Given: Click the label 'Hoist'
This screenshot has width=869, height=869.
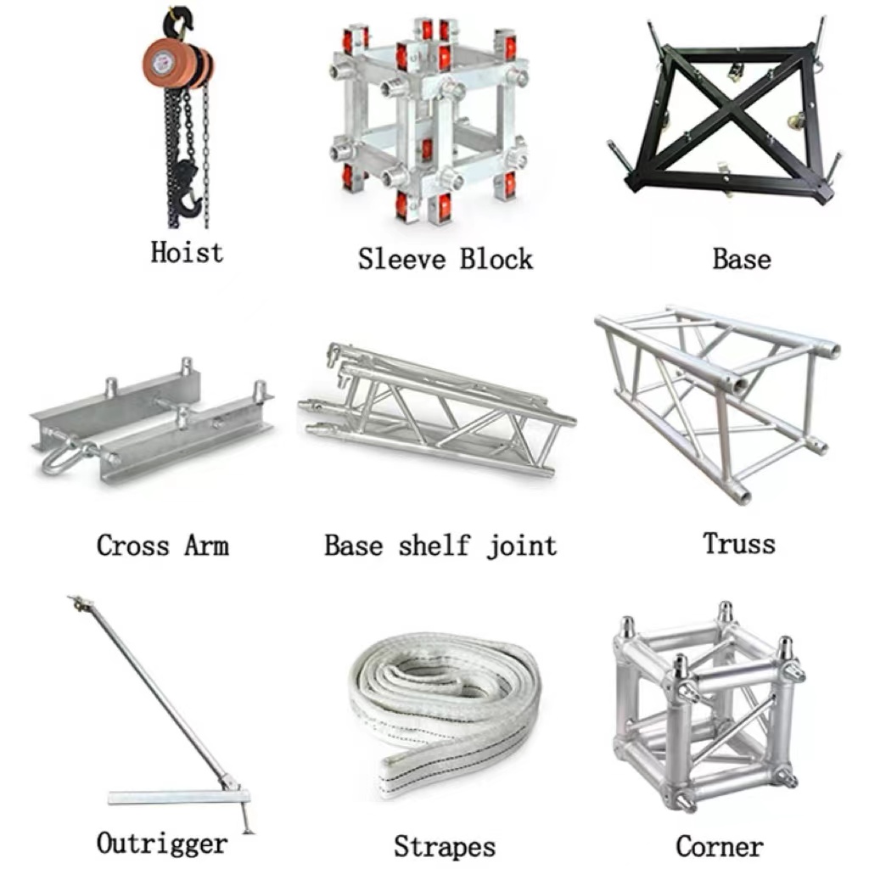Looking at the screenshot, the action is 187,253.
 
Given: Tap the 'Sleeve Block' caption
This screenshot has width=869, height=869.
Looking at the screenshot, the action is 445,260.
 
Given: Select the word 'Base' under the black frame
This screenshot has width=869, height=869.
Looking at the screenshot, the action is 742,260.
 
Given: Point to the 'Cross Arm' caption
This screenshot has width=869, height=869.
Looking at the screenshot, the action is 162,546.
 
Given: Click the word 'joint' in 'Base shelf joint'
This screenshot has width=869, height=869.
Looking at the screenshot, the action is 522,547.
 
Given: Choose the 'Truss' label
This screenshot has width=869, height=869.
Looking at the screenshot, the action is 739,543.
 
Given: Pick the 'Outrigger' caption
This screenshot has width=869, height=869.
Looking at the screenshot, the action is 162,844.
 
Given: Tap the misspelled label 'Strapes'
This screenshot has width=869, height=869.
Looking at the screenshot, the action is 445,847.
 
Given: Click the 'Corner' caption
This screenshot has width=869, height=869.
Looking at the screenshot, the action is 720,846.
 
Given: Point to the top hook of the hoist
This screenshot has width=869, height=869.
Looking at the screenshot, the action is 178,22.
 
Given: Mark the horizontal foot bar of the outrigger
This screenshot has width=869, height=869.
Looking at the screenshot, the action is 178,798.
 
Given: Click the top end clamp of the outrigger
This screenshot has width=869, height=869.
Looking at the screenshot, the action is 81,603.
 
